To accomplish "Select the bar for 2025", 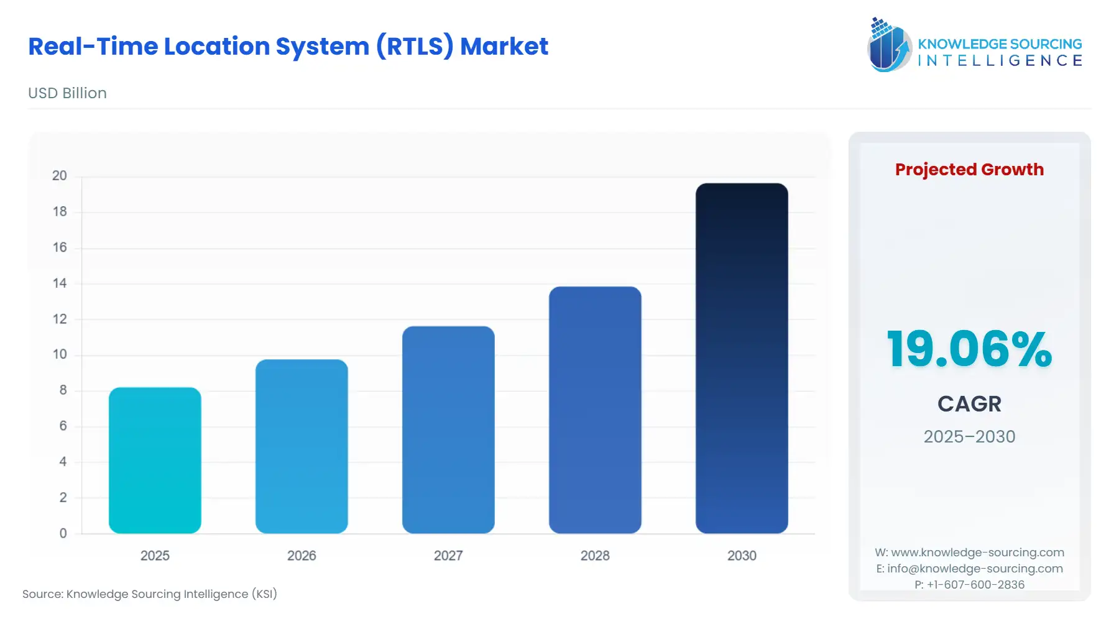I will tap(155, 460).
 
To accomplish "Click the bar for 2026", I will tap(302, 446).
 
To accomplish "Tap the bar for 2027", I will tap(448, 429).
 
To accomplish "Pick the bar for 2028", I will tap(595, 410).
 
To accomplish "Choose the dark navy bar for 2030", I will tap(742, 358).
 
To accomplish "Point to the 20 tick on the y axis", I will tap(60, 176).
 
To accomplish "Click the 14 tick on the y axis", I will tap(60, 283).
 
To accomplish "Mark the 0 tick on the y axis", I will tap(63, 533).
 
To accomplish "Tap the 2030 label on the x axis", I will tap(742, 556).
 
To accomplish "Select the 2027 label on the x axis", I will tap(448, 556).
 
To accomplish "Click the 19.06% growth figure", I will tap(969, 349).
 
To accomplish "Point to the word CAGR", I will tap(969, 404).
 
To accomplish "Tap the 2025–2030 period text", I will tap(969, 436).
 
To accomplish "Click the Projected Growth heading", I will tap(969, 170).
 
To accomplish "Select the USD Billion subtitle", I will tap(67, 93).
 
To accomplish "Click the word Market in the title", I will tap(504, 47).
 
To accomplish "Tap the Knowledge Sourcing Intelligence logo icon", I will tap(888, 45).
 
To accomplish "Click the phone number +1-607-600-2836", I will tap(975, 584).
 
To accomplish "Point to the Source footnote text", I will tap(150, 594).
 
